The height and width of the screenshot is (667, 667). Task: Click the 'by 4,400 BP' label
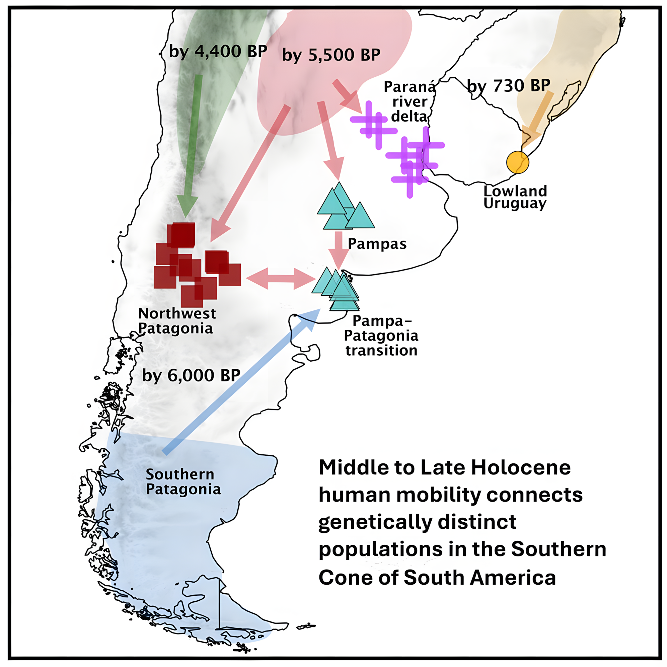(x=218, y=52)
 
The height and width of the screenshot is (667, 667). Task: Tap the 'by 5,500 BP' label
(x=331, y=55)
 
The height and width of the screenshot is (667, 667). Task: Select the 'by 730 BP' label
(x=509, y=86)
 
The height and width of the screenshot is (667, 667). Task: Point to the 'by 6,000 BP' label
(x=191, y=375)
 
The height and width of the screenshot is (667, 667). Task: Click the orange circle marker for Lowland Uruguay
(x=518, y=162)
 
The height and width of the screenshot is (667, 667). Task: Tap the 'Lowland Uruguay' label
(x=515, y=197)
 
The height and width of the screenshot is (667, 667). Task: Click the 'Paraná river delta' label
(x=410, y=102)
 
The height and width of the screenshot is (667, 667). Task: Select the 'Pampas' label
(x=377, y=244)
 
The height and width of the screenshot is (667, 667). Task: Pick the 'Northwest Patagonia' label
(x=177, y=321)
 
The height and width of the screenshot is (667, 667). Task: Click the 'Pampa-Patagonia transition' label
(x=381, y=336)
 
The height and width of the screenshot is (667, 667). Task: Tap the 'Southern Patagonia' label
(x=183, y=481)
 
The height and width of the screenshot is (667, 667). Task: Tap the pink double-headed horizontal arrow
(x=281, y=278)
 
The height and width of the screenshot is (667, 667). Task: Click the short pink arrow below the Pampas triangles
(x=339, y=250)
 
